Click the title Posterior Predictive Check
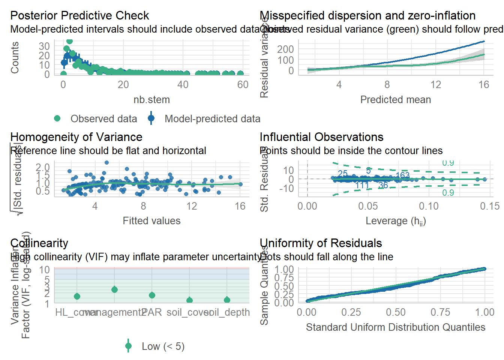click(79, 16)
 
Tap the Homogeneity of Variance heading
click(76, 137)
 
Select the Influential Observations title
click(321, 137)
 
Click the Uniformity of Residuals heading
click(321, 243)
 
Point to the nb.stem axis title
click(151, 100)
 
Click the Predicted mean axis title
click(395, 100)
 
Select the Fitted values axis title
click(151, 221)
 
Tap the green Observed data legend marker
click(57, 118)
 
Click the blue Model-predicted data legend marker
click(151, 118)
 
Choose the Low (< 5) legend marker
click(129, 346)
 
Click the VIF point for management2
click(114, 289)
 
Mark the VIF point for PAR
click(152, 295)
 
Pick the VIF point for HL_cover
click(77, 296)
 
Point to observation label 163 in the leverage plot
click(402, 175)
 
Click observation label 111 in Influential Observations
click(362, 185)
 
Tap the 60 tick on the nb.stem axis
click(243, 85)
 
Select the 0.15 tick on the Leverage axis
click(490, 206)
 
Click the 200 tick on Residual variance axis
click(285, 49)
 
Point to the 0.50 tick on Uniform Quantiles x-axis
click(396, 312)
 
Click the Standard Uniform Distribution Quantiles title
click(395, 327)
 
